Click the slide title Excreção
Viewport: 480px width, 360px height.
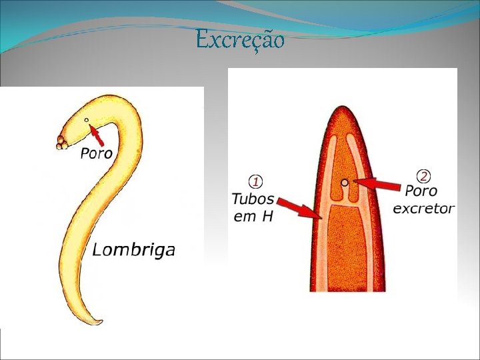241,41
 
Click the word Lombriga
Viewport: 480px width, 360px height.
133,250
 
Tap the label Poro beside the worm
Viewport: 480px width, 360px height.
97,154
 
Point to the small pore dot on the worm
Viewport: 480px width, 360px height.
87,121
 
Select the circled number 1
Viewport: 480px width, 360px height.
255,181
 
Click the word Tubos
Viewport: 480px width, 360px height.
253,199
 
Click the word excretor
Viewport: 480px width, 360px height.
423,209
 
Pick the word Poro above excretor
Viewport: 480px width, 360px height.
423,192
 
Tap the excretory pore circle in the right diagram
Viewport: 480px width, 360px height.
344,181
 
